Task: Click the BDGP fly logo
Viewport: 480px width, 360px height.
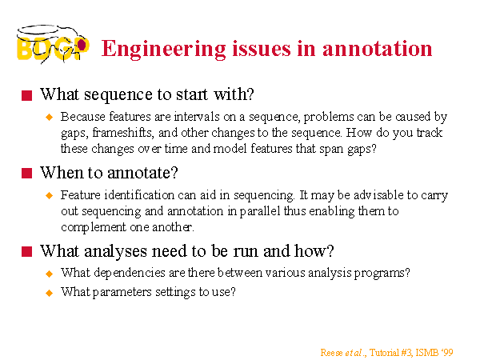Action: (53, 44)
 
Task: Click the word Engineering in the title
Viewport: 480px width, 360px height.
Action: (164, 50)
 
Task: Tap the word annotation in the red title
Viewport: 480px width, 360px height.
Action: (377, 49)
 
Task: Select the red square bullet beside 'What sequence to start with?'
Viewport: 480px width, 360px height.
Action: (27, 95)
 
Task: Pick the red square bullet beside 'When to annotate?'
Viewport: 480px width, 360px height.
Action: (27, 174)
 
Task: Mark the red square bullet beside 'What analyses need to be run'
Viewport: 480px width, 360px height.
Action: (27, 252)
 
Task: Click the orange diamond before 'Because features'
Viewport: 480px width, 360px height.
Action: (49, 118)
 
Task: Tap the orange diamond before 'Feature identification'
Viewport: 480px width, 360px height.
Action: (49, 195)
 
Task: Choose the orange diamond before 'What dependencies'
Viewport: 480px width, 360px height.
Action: (49, 274)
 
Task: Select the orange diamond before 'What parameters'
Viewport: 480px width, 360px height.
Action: (49, 293)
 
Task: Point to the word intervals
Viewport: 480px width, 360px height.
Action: (197, 117)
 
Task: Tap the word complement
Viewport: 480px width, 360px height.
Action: (94, 228)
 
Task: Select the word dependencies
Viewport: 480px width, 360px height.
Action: (130, 273)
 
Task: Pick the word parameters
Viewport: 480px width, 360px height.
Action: (122, 292)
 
